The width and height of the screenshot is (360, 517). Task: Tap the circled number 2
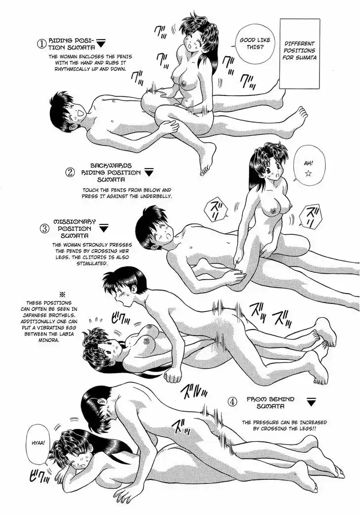click(x=70, y=172)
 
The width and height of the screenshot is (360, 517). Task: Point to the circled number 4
click(x=233, y=402)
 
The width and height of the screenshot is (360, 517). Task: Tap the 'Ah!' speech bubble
click(x=308, y=167)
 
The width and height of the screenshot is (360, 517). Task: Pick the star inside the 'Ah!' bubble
click(x=308, y=174)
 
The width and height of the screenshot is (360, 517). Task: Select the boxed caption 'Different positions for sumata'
click(x=299, y=53)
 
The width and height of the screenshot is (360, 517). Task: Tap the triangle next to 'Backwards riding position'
click(x=150, y=172)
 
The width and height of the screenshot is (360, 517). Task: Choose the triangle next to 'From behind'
click(x=311, y=402)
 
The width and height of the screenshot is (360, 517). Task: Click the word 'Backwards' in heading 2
click(x=106, y=166)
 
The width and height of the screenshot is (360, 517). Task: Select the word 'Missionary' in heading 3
click(x=74, y=222)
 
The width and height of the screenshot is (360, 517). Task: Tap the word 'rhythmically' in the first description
click(x=71, y=69)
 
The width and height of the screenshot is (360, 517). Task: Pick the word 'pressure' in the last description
click(x=269, y=422)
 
